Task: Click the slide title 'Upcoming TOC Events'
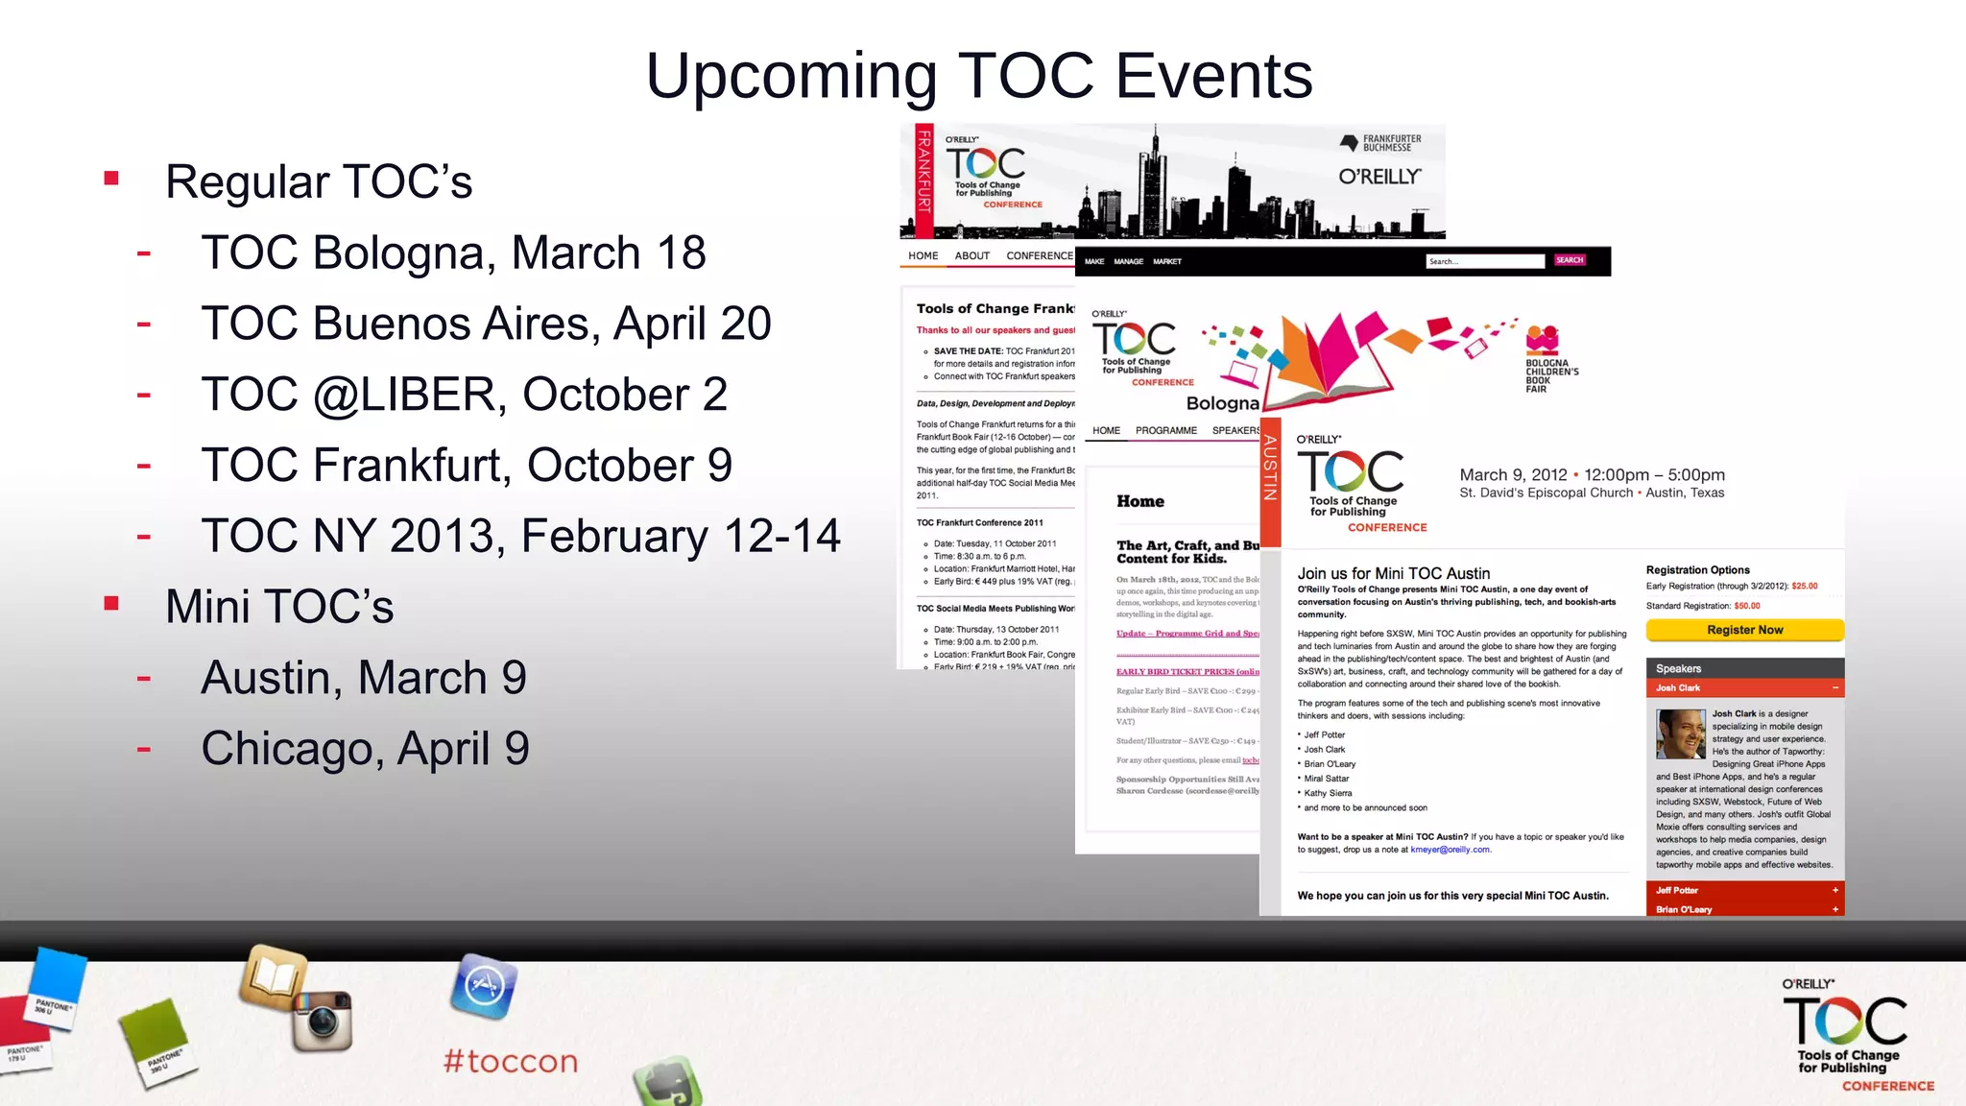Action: (979, 76)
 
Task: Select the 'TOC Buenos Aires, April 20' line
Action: (486, 324)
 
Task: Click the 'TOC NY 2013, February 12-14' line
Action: (520, 536)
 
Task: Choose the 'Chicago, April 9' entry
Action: (365, 749)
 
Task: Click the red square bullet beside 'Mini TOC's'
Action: (112, 604)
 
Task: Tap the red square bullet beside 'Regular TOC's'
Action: (112, 179)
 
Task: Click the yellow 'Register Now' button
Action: (1744, 630)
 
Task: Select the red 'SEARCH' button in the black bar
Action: (1570, 260)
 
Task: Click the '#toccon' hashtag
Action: (511, 1061)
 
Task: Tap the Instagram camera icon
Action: (323, 1021)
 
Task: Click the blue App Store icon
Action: (484, 986)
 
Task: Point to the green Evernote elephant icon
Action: (668, 1085)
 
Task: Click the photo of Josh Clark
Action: (1680, 733)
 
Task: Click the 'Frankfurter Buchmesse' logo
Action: (1380, 143)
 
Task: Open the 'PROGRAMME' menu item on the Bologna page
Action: (1165, 431)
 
